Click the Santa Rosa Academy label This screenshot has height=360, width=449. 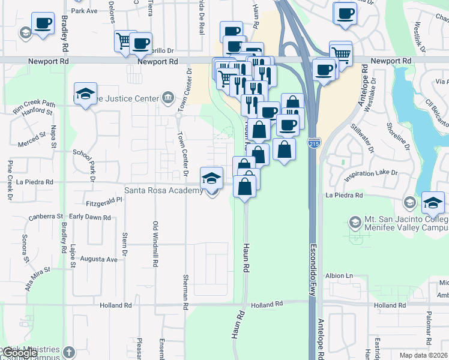[x=163, y=191]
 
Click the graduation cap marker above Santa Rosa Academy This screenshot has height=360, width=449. [x=211, y=178]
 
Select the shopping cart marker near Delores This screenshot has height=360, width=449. [x=124, y=41]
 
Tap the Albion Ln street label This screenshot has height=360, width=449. [x=339, y=275]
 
